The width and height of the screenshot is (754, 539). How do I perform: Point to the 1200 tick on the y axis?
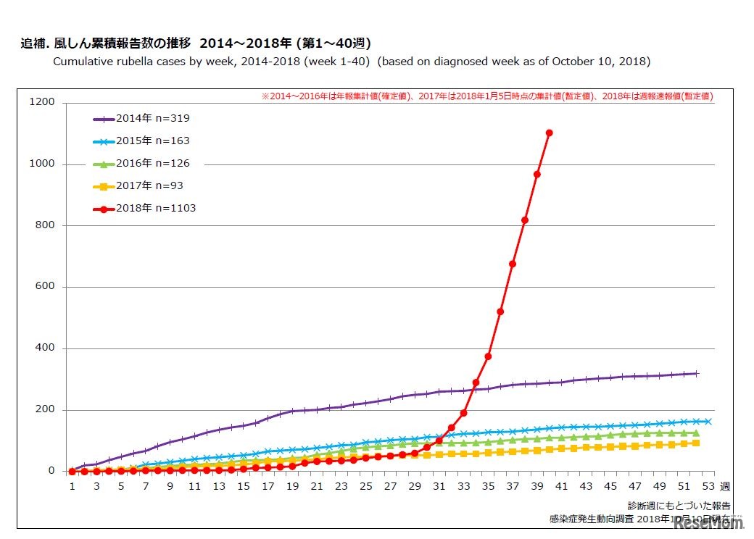pos(41,102)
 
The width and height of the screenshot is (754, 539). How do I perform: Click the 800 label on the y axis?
pos(44,225)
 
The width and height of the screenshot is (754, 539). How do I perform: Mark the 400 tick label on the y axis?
pos(44,348)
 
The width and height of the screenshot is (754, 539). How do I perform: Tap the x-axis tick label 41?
pos(561,487)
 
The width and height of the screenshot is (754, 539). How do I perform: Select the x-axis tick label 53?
pos(708,487)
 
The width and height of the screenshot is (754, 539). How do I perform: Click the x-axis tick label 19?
pos(292,487)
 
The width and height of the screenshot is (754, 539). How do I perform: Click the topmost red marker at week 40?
pos(549,133)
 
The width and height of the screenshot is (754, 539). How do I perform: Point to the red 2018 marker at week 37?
pos(513,264)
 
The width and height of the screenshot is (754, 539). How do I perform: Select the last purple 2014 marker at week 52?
pos(696,374)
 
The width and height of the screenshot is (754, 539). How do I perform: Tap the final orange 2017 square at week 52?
pos(696,443)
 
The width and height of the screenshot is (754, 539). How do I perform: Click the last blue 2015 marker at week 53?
pos(708,422)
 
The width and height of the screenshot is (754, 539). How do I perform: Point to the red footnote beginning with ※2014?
pos(486,96)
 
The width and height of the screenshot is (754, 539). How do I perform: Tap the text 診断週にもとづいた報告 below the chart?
pos(679,506)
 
